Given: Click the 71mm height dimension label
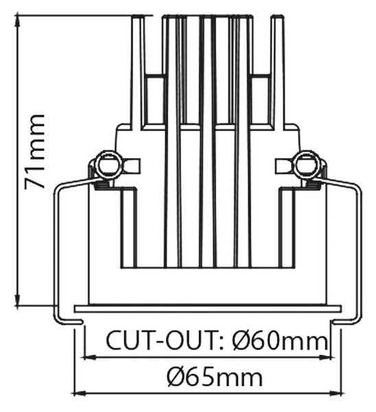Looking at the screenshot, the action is coord(34,152).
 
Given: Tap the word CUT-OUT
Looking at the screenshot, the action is coord(161,341).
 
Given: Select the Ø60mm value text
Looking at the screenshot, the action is coord(280,341).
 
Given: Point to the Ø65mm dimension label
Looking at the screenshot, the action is coord(215,378).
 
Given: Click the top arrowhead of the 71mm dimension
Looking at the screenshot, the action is coord(17,21).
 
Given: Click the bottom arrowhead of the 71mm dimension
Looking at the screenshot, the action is coord(17,300).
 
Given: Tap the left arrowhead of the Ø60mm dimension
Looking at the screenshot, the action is coord(89,357).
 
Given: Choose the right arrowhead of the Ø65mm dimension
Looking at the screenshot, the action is coord(336,393).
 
